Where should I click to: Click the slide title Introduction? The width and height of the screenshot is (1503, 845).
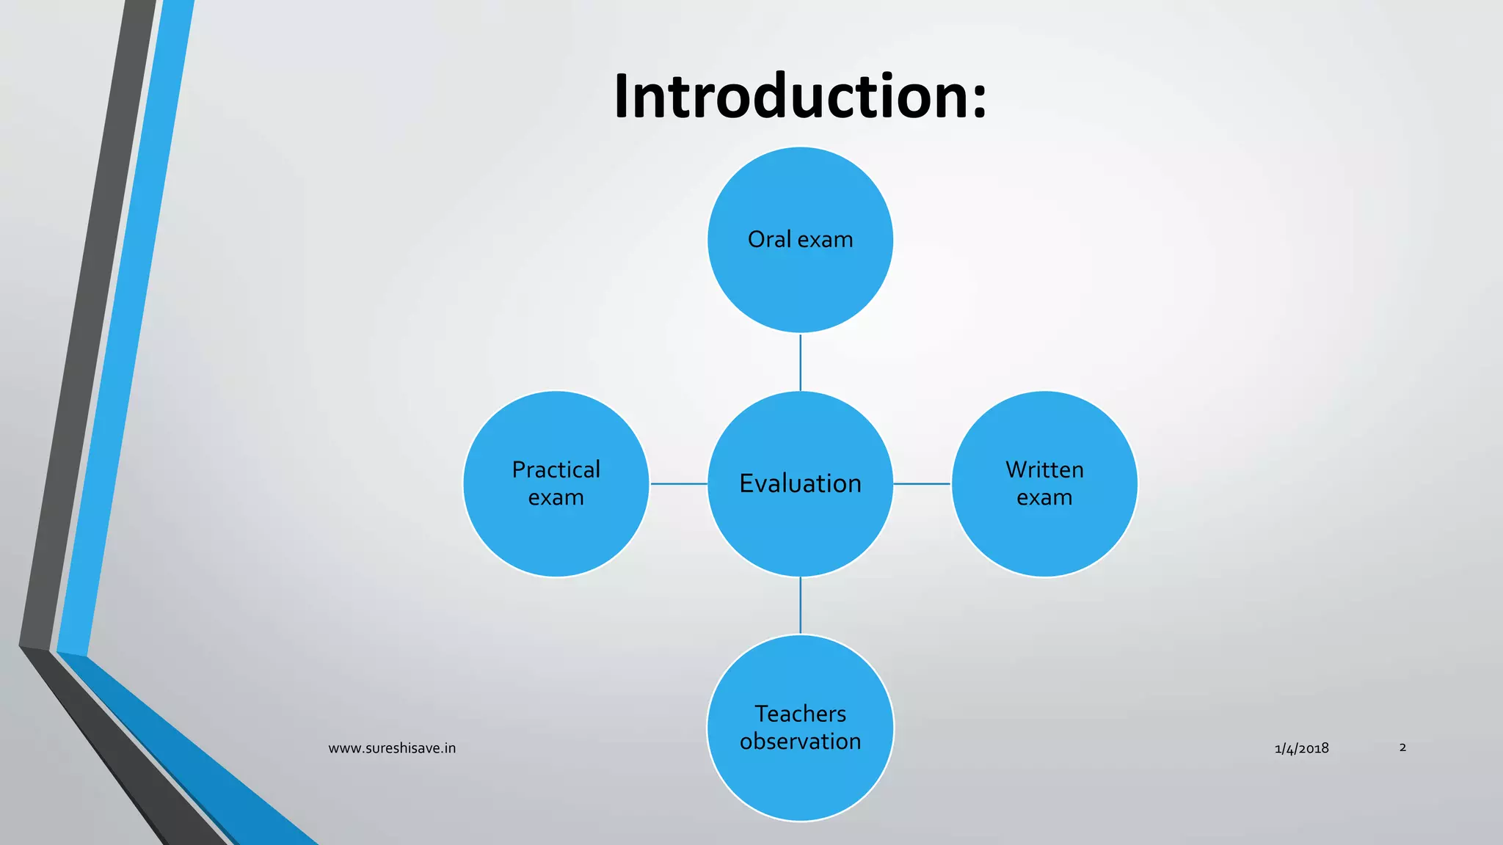click(x=800, y=96)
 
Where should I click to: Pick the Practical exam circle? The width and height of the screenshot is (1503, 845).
click(x=556, y=535)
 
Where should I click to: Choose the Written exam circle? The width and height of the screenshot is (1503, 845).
click(x=1044, y=535)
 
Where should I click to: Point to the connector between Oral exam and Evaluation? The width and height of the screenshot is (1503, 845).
click(x=800, y=362)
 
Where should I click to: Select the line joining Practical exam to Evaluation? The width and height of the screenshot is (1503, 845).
click(x=679, y=484)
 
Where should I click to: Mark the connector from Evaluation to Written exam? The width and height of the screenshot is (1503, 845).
click(x=922, y=484)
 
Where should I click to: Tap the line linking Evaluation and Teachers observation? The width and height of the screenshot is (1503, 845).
click(x=800, y=606)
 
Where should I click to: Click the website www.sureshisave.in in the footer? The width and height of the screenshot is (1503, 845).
click(x=392, y=748)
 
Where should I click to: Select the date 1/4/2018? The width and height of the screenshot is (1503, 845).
click(x=1301, y=749)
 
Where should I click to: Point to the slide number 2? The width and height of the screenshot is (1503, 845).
click(x=1402, y=747)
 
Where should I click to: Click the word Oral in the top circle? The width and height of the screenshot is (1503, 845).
click(x=769, y=239)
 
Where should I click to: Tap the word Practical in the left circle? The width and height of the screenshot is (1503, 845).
click(x=556, y=469)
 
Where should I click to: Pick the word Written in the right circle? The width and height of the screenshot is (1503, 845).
click(x=1044, y=469)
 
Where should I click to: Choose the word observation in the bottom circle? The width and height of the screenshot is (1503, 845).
click(x=800, y=742)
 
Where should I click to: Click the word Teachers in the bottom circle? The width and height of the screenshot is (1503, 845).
click(x=800, y=714)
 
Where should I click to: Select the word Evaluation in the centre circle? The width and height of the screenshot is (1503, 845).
click(x=800, y=483)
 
